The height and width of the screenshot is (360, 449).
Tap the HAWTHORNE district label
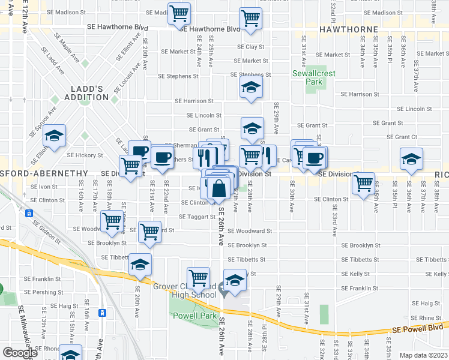[x=348, y=29]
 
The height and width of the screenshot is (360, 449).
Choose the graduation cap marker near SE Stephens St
[x=251, y=88]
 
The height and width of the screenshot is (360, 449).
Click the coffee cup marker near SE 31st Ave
[x=314, y=158]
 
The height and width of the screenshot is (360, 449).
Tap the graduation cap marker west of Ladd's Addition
[x=54, y=136]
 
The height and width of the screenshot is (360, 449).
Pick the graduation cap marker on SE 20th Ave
[x=140, y=265]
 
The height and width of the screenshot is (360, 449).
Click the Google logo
[x=20, y=353]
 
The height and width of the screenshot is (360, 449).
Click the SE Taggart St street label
[x=197, y=217]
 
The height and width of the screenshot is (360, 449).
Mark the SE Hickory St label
[x=85, y=155]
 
